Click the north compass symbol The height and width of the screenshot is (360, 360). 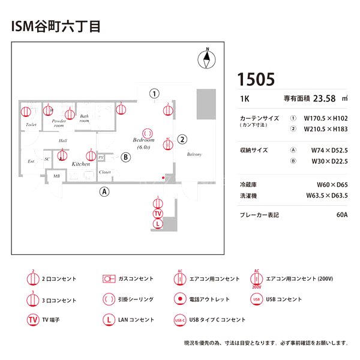point(208,58)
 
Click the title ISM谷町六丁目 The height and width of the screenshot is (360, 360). point(55,26)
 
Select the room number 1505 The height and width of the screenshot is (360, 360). point(256,79)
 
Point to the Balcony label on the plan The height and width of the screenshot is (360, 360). point(194,154)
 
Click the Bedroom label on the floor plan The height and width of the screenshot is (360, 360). point(143,140)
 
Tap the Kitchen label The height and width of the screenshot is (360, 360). point(81,164)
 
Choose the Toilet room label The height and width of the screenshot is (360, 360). point(31,125)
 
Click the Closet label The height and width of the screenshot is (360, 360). point(105,172)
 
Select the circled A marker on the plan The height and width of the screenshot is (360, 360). point(104,192)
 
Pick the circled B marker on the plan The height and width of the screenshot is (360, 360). point(125,157)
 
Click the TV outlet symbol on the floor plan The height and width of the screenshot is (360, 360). point(158,213)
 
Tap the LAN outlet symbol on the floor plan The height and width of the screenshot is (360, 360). point(158,224)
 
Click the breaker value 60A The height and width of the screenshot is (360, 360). point(342,214)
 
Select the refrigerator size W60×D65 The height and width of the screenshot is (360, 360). point(332,185)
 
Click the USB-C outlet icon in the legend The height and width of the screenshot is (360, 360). point(179,320)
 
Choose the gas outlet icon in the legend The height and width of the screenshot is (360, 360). point(109,279)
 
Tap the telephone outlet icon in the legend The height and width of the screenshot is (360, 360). point(179,299)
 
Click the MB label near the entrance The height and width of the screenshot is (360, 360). point(56,176)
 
